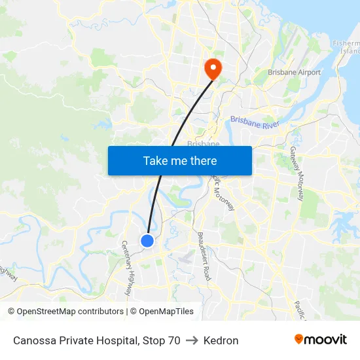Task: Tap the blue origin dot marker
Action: [147, 241]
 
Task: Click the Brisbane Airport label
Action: [294, 73]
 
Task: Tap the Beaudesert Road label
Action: [204, 256]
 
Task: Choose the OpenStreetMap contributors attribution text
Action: [65, 312]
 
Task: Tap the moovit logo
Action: [320, 340]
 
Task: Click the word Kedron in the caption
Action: [221, 340]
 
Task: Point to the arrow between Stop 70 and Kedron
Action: [192, 340]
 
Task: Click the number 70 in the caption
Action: [173, 340]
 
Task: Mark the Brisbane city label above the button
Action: [199, 143]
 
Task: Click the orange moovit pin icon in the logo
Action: [299, 339]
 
